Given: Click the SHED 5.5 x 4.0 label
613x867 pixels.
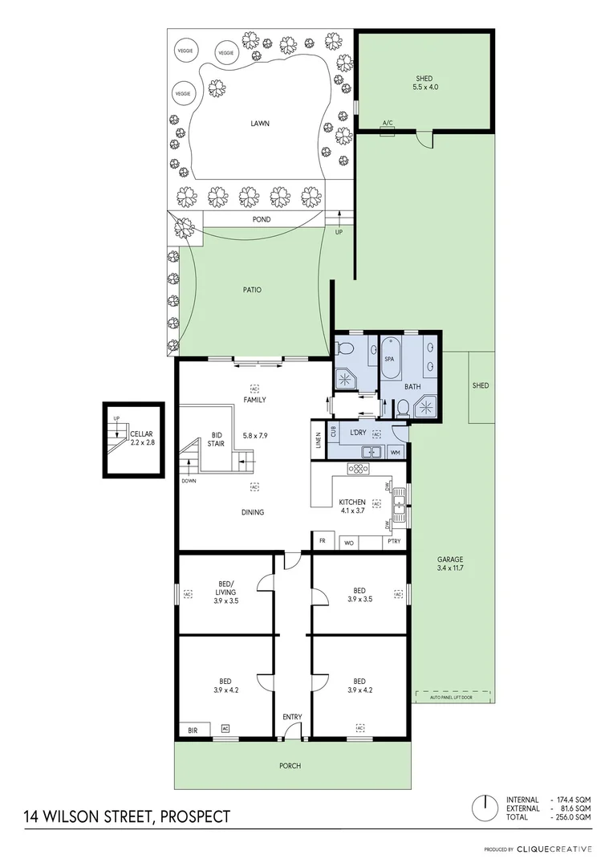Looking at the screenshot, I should click(424, 82).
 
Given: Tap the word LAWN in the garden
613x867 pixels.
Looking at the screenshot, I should click(259, 124).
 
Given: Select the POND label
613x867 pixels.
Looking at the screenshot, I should click(262, 219).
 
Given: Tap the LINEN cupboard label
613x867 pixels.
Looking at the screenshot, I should click(319, 442).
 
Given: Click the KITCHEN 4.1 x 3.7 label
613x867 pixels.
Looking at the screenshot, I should click(352, 506).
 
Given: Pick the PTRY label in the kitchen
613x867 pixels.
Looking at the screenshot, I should click(393, 543).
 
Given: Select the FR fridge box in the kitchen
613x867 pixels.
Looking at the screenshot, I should click(323, 542).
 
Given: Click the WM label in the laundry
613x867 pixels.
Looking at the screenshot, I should click(395, 453).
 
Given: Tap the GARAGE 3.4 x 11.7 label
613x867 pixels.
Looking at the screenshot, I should click(451, 564).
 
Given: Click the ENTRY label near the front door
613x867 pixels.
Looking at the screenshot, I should click(290, 718).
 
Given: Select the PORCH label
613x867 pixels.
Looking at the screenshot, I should click(290, 766).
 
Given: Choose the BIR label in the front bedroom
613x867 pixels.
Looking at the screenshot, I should click(193, 730).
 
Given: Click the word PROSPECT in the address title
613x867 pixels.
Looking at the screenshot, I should click(195, 817).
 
